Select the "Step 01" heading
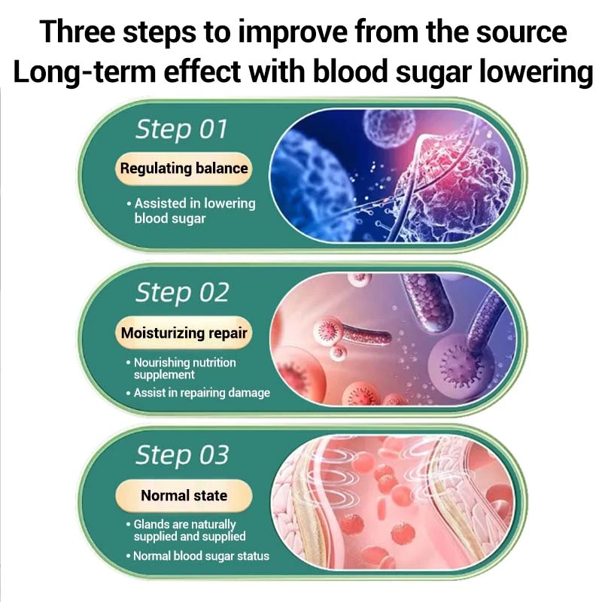pyautogui.click(x=181, y=129)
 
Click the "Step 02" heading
pyautogui.click(x=182, y=293)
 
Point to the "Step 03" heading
pyautogui.click(x=182, y=455)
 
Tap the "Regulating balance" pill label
pyautogui.click(x=184, y=169)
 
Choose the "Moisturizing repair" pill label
pyautogui.click(x=184, y=333)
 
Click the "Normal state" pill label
pyautogui.click(x=184, y=496)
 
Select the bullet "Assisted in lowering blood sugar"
pyautogui.click(x=191, y=211)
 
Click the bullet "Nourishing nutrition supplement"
pyautogui.click(x=181, y=369)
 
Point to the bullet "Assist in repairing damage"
pyautogui.click(x=198, y=393)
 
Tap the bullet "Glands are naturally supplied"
pyautogui.click(x=185, y=531)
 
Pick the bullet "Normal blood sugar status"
pyautogui.click(x=197, y=556)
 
